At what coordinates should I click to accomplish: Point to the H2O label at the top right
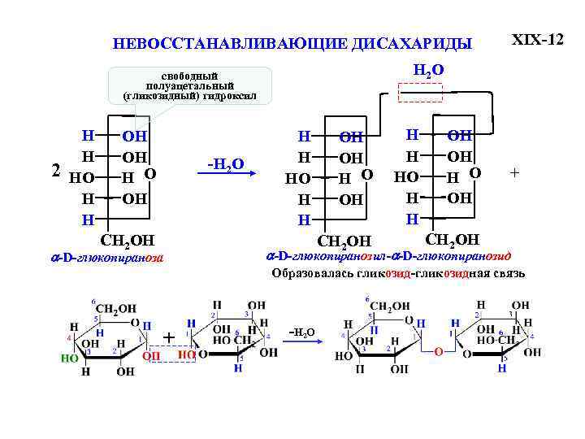(428, 71)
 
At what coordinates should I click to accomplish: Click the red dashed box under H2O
(420, 92)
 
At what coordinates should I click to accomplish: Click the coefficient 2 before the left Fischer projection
(55, 172)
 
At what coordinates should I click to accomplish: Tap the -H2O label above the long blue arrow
(226, 163)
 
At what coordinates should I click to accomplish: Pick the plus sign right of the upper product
(513, 172)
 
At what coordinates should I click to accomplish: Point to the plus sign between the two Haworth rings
(169, 337)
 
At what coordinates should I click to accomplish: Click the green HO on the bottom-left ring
(70, 357)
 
